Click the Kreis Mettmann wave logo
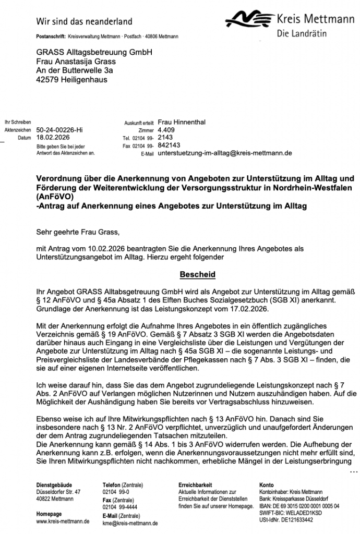click(251, 21)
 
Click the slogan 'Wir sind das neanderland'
click(84, 21)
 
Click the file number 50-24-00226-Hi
click(59, 130)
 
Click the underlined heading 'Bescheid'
click(197, 274)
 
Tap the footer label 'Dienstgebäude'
click(52, 484)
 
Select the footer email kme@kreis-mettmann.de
click(130, 523)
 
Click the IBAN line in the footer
click(299, 506)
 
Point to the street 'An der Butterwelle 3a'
click(75, 70)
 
